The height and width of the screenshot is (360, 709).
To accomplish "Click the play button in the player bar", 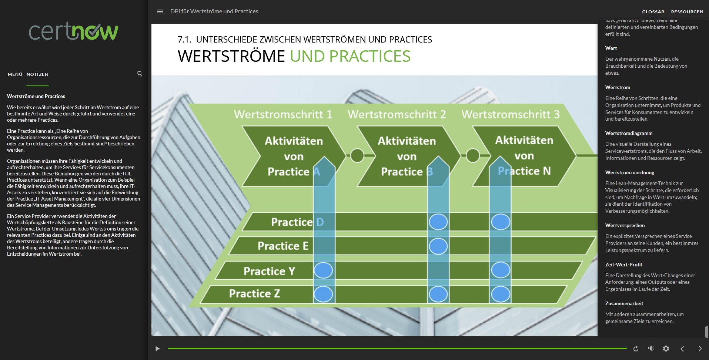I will coord(157,349).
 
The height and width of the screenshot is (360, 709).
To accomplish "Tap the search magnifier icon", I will coord(140,74).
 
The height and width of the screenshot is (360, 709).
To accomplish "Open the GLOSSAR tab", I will coord(653,12).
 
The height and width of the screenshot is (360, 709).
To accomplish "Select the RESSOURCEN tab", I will coord(687,12).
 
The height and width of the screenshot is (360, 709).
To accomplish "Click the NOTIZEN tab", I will coord(37,74).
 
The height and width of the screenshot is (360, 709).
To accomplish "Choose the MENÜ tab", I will coord(15,74).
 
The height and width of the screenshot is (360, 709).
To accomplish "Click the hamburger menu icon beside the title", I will coord(160,11).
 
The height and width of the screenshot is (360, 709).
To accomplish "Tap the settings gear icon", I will coord(666,349).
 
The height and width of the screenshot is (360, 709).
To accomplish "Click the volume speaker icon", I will coord(651,349).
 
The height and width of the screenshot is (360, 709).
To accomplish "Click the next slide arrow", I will coord(700,349).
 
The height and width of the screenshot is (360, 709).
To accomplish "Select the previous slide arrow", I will coord(682,349).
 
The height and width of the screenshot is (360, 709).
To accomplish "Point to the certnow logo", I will coord(74,31).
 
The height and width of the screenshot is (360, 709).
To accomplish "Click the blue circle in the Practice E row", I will coord(438,246).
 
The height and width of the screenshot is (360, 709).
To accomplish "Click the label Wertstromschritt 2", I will coord(397,114).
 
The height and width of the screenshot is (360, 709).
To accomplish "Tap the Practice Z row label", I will coord(254,293).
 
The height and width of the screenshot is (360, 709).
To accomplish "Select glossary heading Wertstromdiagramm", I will coord(629,133).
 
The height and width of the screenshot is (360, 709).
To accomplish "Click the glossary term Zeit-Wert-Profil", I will coord(623,265).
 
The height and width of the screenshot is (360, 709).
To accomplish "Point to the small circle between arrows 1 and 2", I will coord(357,156).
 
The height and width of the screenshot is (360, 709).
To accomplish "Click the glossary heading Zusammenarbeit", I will coord(624,303).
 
